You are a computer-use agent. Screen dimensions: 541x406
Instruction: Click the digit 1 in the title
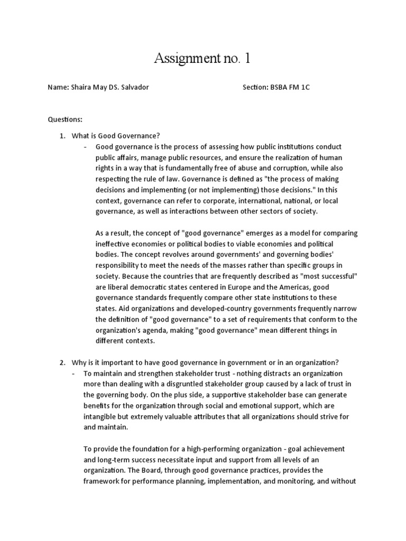click(x=246, y=59)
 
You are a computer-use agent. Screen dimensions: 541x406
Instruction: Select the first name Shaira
click(x=82, y=87)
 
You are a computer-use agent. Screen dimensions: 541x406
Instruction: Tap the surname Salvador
click(x=134, y=87)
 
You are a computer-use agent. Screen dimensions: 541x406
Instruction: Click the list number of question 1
click(x=62, y=136)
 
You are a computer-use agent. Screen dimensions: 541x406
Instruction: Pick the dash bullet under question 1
click(x=85, y=147)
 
